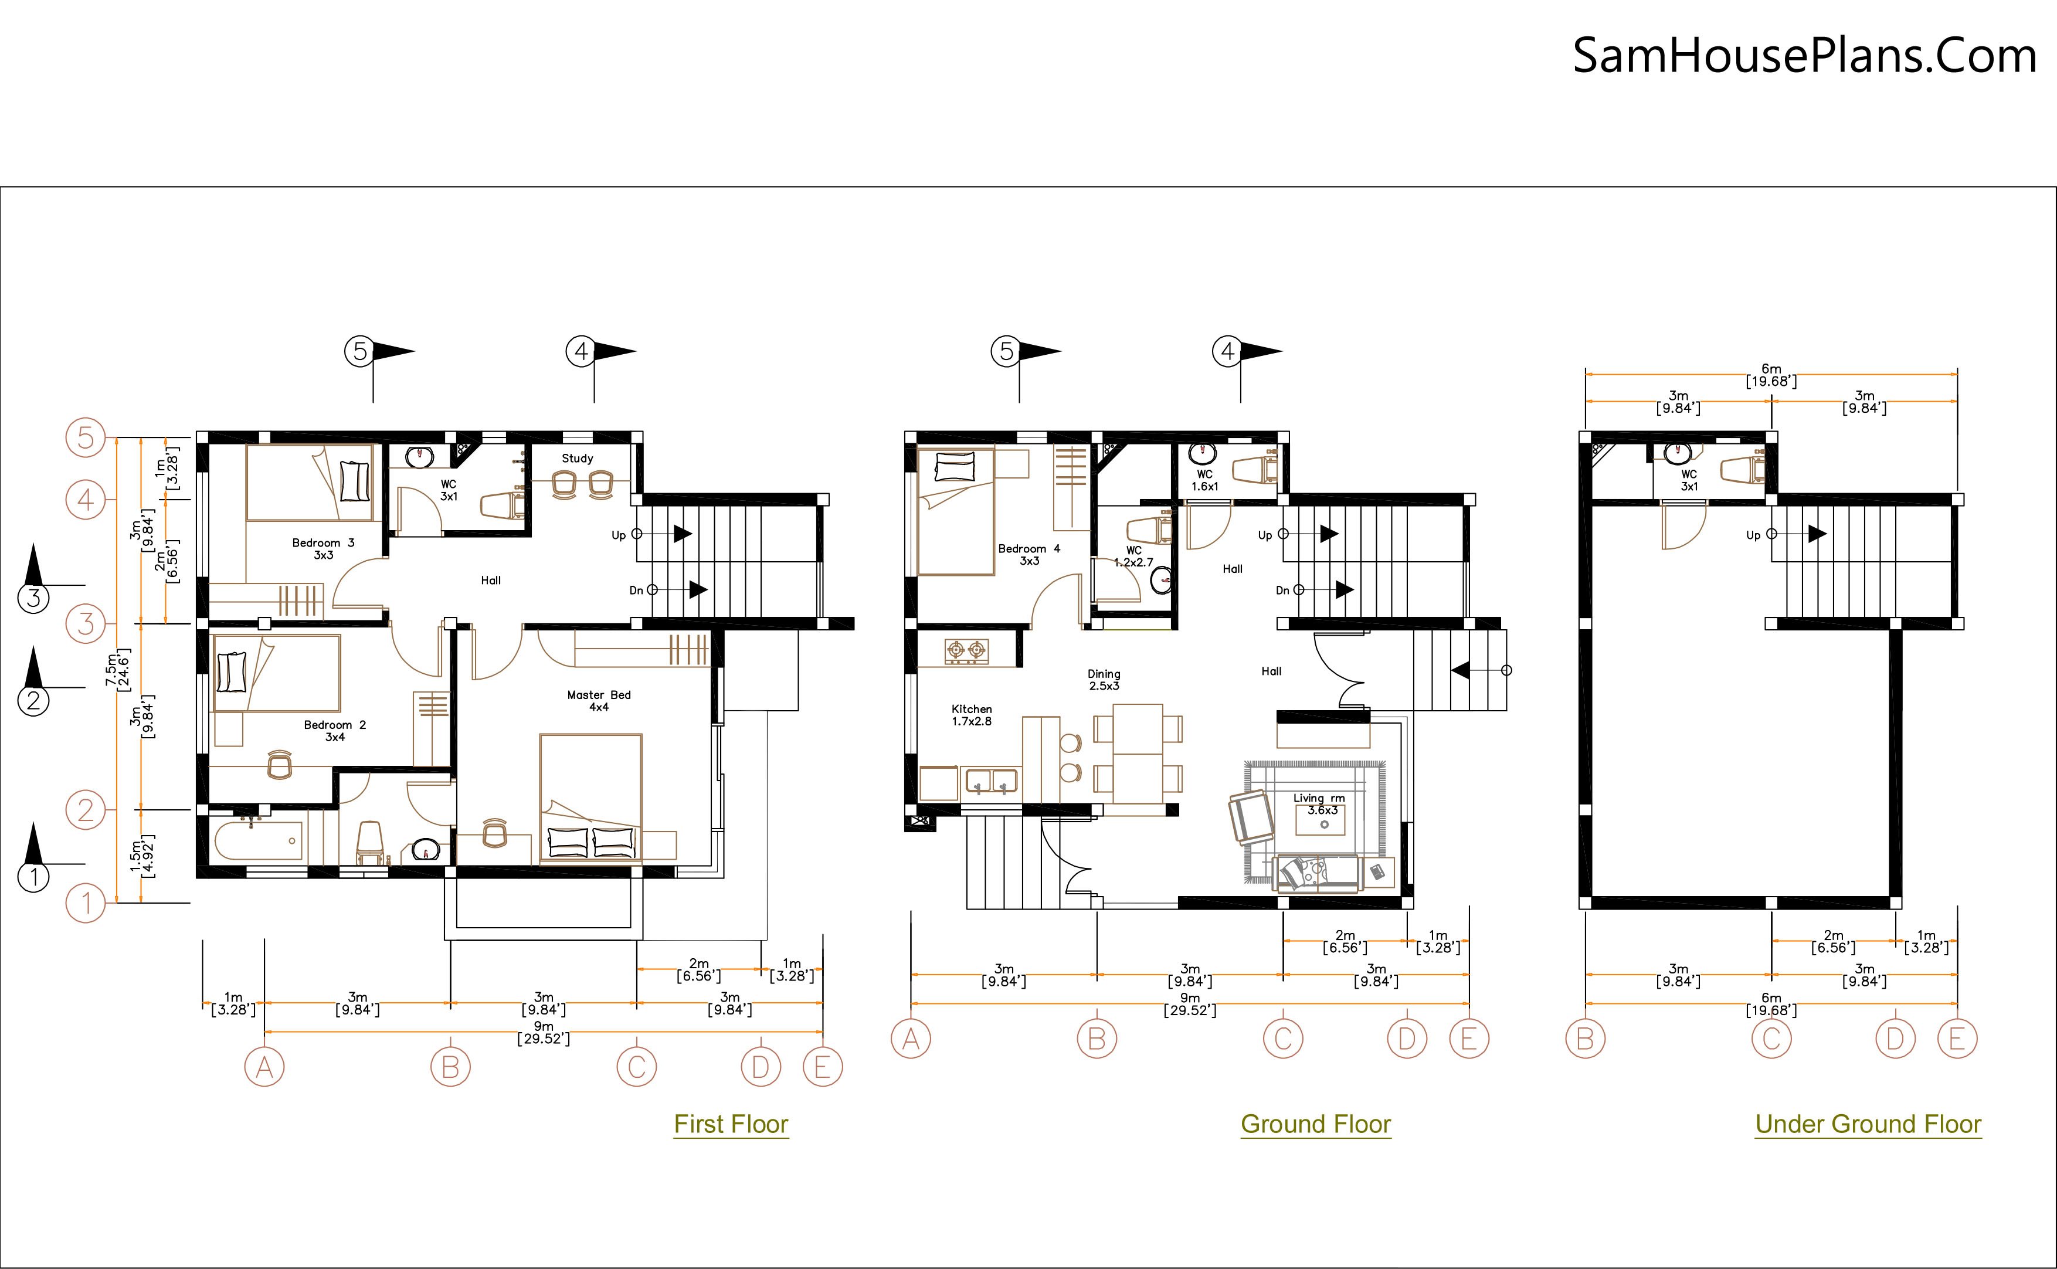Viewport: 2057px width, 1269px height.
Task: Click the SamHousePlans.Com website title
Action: pos(1804,56)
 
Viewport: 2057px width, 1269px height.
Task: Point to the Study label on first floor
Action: pos(578,458)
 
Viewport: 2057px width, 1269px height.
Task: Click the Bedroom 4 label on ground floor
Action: pos(1029,555)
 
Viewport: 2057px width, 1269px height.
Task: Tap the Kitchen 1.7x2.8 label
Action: pos(972,715)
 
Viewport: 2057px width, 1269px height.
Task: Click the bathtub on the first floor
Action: pos(257,840)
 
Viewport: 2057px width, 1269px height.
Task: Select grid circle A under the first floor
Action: pos(264,1068)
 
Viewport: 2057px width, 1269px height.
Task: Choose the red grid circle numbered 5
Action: pos(86,438)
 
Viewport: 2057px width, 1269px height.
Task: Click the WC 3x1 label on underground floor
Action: pos(1689,481)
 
